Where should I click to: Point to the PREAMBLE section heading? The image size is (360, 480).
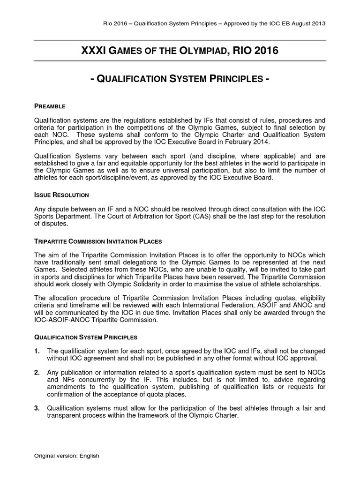pos(50,106)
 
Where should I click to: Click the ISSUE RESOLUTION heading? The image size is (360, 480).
pos(61,195)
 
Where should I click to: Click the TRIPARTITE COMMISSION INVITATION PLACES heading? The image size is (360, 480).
pos(98,241)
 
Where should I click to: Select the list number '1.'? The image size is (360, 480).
pos(37,351)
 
